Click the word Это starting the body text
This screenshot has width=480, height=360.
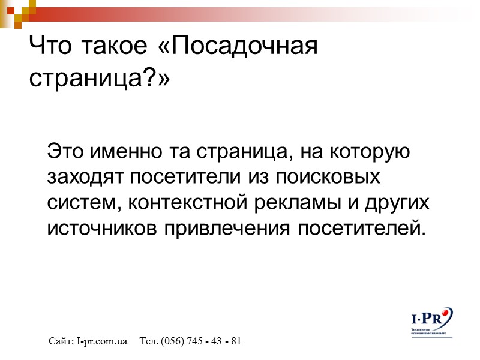tap(66, 151)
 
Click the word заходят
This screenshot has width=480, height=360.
tap(87, 177)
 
